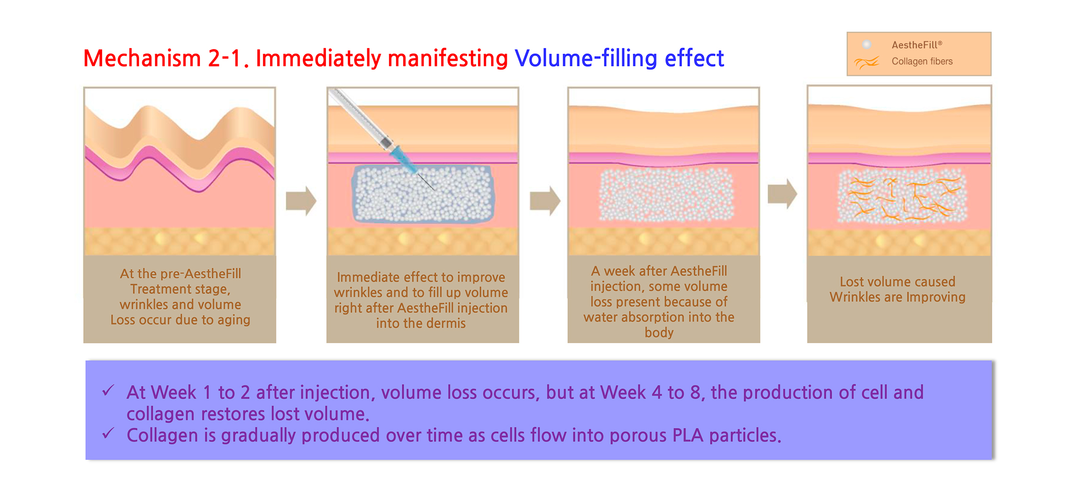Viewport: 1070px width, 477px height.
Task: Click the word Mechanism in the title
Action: coord(142,58)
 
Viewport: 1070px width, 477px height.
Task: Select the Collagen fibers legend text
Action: coord(922,61)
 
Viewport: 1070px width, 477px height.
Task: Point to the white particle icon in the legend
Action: coord(867,45)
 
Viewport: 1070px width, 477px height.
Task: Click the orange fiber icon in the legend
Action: coord(867,62)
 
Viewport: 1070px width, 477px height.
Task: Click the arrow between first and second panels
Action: coord(301,200)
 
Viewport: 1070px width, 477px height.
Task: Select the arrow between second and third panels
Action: coord(545,200)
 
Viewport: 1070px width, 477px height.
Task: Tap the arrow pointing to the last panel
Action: coord(783,194)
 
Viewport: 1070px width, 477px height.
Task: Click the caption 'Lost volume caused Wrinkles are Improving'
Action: coord(898,289)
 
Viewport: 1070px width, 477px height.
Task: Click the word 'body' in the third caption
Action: coord(659,332)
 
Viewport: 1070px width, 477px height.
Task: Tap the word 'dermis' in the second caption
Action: coord(446,323)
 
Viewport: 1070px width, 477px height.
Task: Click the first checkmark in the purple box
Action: coord(108,390)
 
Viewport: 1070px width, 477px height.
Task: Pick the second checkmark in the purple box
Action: coord(108,433)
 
